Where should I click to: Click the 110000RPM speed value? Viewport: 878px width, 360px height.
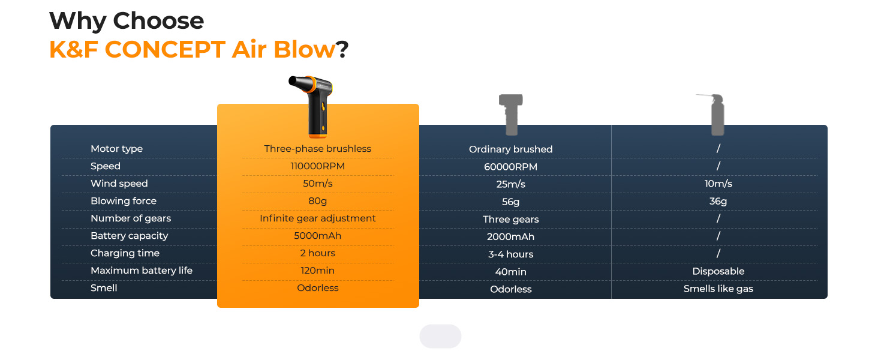coord(317,166)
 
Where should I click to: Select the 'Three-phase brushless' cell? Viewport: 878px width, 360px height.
coord(317,149)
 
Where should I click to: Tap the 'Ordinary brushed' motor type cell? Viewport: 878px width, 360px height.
coord(511,149)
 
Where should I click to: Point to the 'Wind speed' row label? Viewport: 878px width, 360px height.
coord(119,184)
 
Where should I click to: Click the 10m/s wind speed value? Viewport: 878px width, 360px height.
coord(718,184)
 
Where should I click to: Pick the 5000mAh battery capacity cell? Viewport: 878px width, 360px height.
coord(317,236)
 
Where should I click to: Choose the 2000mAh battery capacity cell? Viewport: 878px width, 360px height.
coord(511,237)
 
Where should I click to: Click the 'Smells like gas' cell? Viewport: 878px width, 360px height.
coord(718,289)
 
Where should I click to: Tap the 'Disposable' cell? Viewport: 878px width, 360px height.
coord(718,271)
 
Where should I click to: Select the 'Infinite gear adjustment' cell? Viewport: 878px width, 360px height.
coord(317,218)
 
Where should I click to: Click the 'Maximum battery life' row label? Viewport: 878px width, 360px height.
coord(142,271)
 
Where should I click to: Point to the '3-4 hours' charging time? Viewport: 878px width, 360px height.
coord(511,254)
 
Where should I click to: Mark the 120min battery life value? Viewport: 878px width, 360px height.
coord(317,271)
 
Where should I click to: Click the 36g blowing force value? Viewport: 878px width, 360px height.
coord(718,201)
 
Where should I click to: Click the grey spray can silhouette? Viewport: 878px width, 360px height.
coord(715,115)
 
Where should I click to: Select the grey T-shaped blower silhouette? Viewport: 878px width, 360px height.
coord(511,115)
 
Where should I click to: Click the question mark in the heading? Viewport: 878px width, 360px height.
coord(343,49)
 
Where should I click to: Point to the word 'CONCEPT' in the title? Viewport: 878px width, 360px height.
coord(165,49)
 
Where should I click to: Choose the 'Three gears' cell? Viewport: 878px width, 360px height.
coord(511,219)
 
